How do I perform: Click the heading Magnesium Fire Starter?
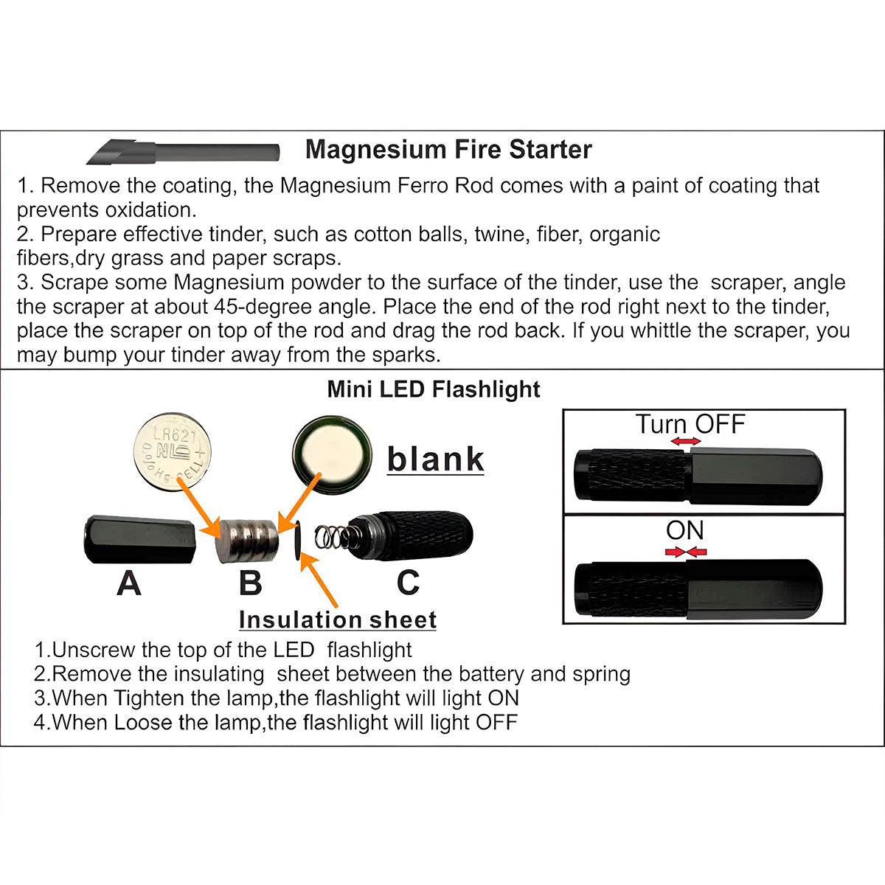(x=448, y=150)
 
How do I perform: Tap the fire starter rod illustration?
(x=183, y=152)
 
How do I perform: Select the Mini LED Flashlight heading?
(x=434, y=389)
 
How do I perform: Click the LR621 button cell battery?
(x=173, y=451)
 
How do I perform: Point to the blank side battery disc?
(x=332, y=456)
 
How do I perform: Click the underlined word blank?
(x=435, y=459)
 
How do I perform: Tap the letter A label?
(x=129, y=583)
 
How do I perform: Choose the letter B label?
(x=251, y=583)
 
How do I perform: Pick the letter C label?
(x=409, y=583)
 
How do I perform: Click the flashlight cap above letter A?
(x=140, y=539)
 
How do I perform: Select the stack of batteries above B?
(x=247, y=541)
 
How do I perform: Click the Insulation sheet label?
(x=338, y=619)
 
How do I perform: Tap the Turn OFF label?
(x=690, y=423)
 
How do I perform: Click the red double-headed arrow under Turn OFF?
(x=686, y=441)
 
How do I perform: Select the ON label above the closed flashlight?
(x=684, y=530)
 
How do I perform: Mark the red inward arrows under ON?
(x=686, y=552)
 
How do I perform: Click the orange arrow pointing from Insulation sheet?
(x=319, y=581)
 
